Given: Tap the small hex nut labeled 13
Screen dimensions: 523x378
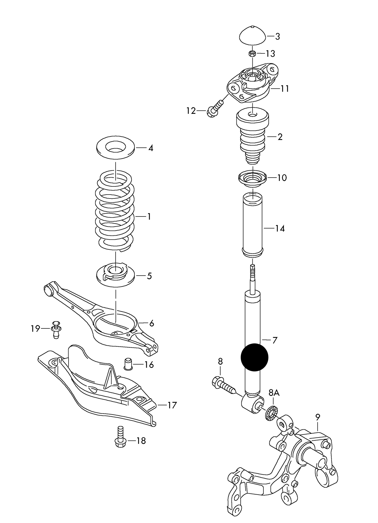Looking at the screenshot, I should [252, 54].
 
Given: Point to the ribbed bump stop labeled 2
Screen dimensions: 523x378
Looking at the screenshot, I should [253, 136].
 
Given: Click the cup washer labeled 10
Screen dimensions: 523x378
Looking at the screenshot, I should [252, 179].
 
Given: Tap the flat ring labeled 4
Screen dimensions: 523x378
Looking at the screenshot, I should [116, 148].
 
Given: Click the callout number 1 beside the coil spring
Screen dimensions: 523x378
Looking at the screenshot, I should [149, 217].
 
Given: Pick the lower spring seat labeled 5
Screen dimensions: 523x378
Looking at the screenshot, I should [115, 276].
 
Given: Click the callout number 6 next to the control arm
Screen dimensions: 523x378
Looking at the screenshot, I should [151, 323].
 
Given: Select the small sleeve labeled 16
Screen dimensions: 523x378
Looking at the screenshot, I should [128, 364].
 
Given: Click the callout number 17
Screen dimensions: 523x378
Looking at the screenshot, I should [172, 405].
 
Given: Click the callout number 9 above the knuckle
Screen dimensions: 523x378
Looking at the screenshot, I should [318, 417].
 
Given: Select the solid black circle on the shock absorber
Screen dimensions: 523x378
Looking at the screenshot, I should [255, 357].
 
